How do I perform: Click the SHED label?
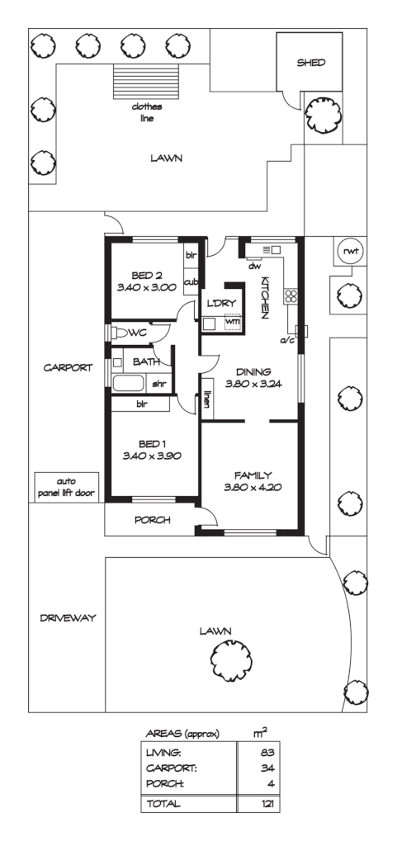tap(311, 63)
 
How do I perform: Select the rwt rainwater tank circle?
tap(347, 252)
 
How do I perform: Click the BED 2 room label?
tap(149, 276)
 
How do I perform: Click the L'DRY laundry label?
tap(222, 302)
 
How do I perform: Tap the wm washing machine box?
tap(233, 322)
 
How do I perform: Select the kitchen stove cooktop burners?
tap(291, 297)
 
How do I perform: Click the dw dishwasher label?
tap(255, 266)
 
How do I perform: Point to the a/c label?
tap(288, 339)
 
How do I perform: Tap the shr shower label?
tap(158, 383)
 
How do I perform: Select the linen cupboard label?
tap(209, 399)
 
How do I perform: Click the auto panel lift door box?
tap(65, 486)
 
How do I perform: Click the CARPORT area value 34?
tap(266, 768)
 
